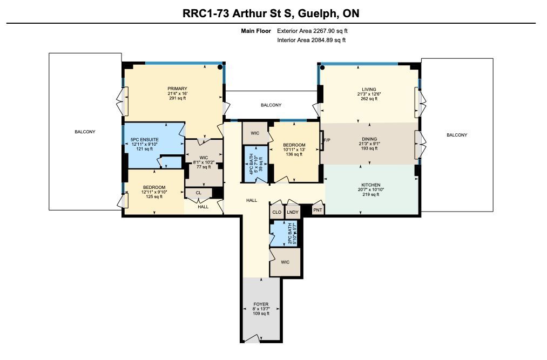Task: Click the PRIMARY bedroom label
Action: (177, 89)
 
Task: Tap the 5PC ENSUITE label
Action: (144, 140)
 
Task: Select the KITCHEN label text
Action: (371, 185)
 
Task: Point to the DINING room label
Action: (369, 139)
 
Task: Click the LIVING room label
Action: (369, 89)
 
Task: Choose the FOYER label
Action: (261, 304)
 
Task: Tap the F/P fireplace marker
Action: (327, 140)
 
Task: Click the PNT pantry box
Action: (318, 210)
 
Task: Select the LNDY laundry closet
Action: (293, 212)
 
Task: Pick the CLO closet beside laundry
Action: (276, 212)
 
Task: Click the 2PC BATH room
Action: (285, 234)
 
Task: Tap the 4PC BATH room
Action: (255, 164)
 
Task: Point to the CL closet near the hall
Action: (199, 193)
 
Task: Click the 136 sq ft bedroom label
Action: (294, 150)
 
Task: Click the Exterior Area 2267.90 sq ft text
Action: (312, 31)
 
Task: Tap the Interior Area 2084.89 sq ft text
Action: (311, 40)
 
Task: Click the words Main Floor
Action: (256, 31)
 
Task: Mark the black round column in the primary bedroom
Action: (220, 67)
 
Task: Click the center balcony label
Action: (271, 105)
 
